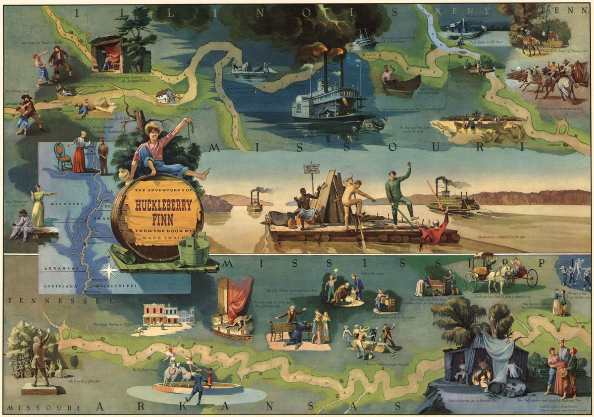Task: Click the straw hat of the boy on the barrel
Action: [153, 127]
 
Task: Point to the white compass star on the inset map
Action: [109, 270]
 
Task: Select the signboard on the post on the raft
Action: [311, 169]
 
